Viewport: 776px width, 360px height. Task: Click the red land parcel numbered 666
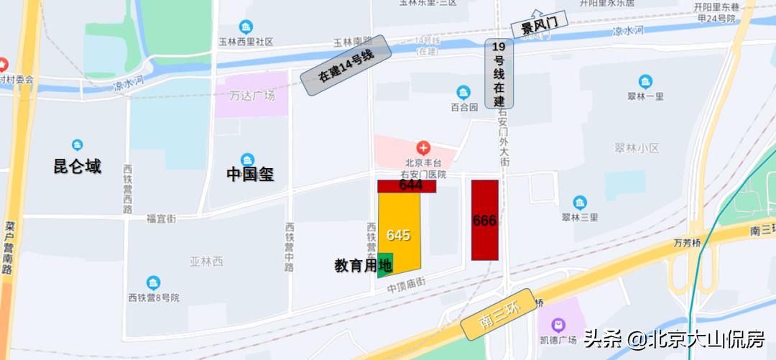485,220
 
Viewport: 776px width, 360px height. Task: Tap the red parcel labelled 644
407,185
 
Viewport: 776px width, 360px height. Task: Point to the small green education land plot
385,264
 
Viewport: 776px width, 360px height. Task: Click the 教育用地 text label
363,266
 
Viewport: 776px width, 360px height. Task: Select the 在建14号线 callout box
346,65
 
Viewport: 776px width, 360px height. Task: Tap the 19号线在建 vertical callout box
499,73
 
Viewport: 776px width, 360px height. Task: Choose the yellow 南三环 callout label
498,315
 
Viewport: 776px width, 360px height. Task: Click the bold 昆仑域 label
77,167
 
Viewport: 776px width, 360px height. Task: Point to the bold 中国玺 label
250,174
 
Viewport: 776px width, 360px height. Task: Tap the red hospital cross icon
424,148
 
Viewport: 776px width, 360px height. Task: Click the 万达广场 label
252,96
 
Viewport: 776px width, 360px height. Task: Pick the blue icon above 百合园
463,92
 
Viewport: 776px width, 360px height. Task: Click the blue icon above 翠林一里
645,81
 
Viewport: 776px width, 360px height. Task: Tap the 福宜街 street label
161,218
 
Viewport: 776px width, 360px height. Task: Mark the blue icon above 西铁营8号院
153,283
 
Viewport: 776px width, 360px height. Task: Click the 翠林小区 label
637,148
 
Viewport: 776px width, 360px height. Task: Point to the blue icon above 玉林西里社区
246,27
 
